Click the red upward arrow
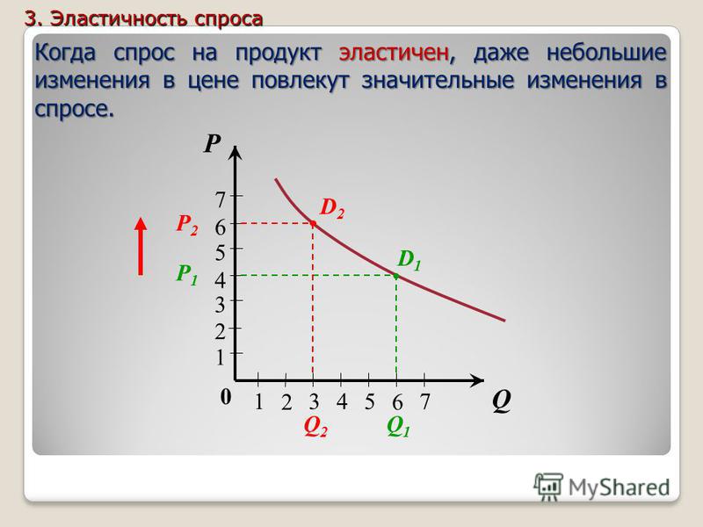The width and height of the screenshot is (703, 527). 141,246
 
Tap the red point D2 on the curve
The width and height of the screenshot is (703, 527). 313,223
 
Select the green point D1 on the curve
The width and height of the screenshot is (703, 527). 396,276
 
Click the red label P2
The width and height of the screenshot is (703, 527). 187,224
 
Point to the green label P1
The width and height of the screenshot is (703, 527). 187,274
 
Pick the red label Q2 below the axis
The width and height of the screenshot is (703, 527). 315,426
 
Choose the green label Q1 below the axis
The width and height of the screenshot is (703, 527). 399,426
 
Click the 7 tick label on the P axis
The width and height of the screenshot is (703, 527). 220,199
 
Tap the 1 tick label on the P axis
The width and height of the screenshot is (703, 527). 220,357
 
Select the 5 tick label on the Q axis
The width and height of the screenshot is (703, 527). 369,401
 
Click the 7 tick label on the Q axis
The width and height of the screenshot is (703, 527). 424,401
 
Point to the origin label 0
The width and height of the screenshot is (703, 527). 226,397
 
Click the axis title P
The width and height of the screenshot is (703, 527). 213,144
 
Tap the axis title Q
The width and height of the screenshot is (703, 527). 501,401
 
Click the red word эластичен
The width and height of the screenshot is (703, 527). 394,53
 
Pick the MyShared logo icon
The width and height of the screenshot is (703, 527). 548,487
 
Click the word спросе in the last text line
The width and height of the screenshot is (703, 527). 74,108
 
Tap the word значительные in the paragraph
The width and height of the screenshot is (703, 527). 438,81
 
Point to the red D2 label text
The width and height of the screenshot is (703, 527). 332,208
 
